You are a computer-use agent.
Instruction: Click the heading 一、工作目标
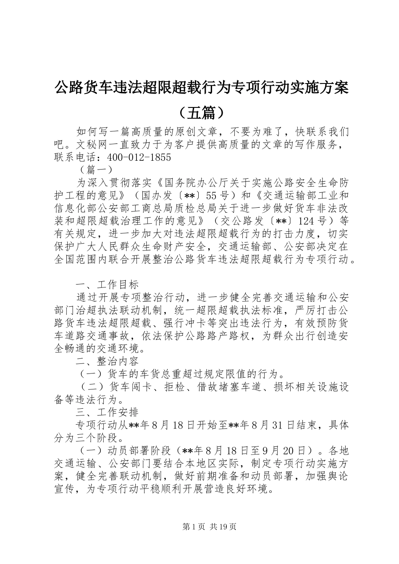coord(107,285)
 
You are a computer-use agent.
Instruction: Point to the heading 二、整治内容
coord(107,361)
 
